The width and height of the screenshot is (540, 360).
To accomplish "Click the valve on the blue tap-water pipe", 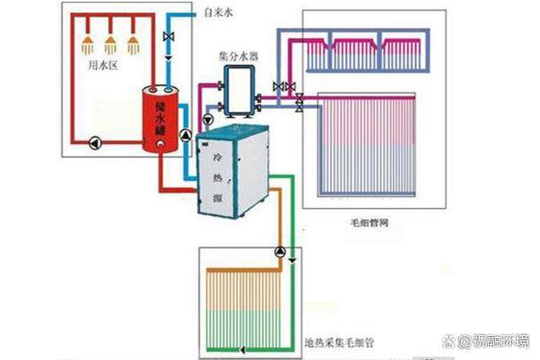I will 169,37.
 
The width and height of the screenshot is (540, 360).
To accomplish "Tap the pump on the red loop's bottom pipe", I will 94,140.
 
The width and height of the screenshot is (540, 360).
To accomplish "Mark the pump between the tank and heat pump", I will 184,135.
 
